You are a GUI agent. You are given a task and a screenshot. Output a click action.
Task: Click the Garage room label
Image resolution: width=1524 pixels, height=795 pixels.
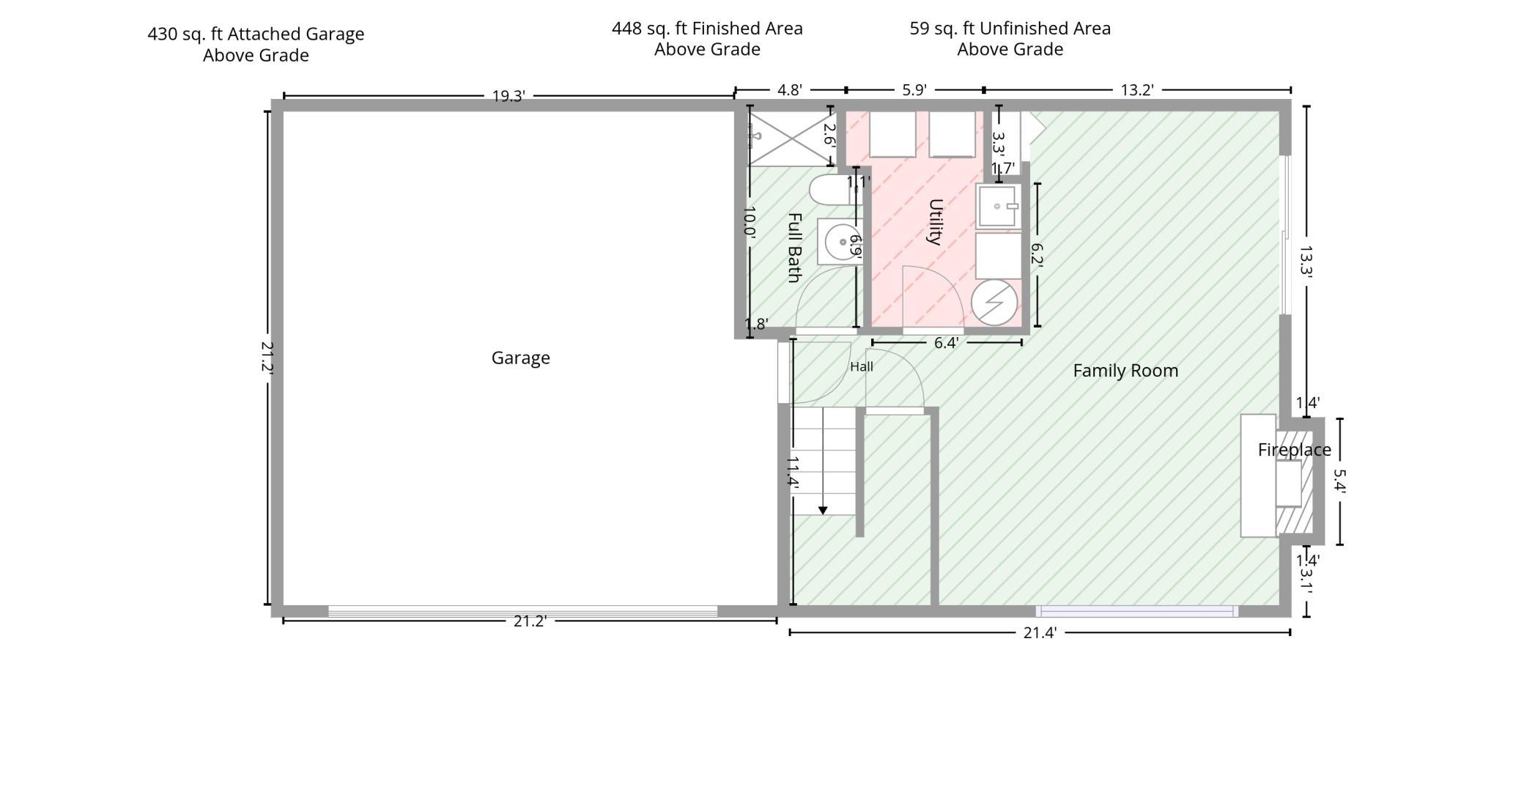coord(520,358)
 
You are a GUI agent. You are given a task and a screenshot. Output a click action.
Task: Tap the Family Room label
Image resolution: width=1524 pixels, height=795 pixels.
coord(1125,371)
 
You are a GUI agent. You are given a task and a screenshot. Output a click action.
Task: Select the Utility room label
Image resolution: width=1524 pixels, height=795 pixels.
coord(935,222)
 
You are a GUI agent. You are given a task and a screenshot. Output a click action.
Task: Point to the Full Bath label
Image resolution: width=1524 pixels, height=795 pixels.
coord(794,248)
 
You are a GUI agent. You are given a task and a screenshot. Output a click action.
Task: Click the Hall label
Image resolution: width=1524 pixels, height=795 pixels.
coord(862,366)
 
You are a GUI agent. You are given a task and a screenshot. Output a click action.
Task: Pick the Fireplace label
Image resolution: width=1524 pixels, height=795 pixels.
coord(1295,450)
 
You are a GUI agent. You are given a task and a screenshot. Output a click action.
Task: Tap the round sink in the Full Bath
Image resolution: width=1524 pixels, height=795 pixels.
coord(843,242)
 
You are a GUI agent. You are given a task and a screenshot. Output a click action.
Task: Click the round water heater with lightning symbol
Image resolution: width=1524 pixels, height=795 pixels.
coord(994,302)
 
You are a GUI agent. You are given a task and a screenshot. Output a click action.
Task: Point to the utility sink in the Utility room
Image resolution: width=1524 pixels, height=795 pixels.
coord(998,207)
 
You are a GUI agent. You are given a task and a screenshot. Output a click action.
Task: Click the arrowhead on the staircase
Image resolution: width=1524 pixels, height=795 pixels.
coord(823,510)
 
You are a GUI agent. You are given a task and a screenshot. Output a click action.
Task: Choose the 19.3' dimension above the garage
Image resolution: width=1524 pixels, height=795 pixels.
coord(508,96)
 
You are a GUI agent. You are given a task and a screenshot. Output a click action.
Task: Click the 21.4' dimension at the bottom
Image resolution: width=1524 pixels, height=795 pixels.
coord(1040,633)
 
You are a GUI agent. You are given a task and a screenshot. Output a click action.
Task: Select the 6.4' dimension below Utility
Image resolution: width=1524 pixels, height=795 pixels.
coord(946,343)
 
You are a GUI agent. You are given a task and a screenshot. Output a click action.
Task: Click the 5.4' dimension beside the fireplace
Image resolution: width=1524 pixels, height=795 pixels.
coord(1340,481)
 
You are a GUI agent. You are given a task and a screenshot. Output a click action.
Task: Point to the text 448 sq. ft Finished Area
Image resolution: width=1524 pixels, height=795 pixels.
coord(707,29)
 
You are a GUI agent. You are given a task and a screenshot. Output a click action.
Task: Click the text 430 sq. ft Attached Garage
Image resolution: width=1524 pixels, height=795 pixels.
coord(256,34)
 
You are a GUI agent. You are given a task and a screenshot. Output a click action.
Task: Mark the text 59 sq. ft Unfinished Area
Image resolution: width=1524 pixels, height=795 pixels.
coord(1010,29)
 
